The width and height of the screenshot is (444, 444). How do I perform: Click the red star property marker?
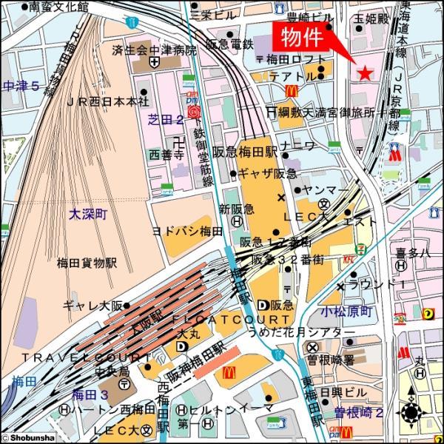tap(364, 73)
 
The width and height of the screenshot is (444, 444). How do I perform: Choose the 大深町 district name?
tap(88, 214)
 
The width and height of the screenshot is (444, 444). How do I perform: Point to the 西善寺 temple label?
tap(166, 155)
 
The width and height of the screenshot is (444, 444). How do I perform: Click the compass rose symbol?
tap(411, 412)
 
